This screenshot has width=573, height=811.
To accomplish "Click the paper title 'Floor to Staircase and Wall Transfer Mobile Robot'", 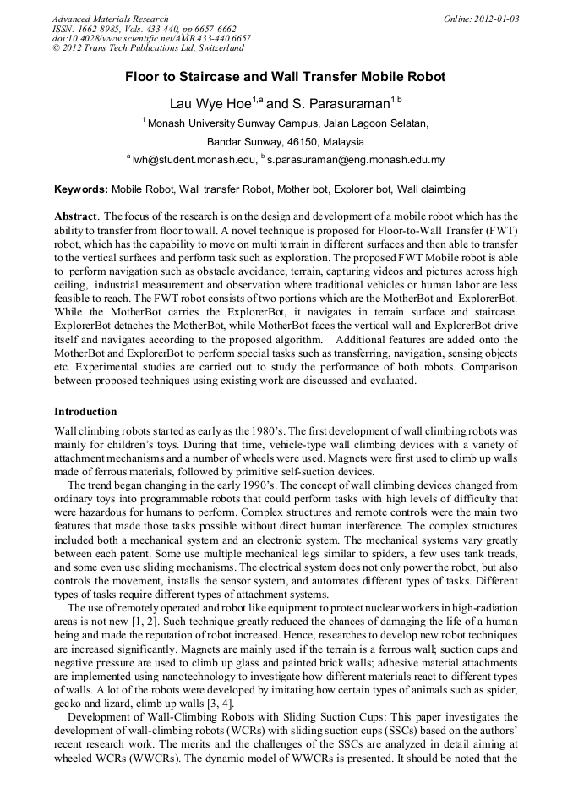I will pos(286,77).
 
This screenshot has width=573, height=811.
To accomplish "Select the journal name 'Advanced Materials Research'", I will pos(111,19).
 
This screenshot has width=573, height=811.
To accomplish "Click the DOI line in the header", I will pos(151,39).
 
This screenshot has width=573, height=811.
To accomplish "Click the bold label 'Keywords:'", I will pos(81,190).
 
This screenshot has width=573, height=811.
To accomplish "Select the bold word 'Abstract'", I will pos(76,216).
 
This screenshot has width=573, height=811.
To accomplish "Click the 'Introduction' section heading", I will pos(85,412).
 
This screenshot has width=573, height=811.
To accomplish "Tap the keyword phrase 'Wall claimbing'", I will pos(431,190).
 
